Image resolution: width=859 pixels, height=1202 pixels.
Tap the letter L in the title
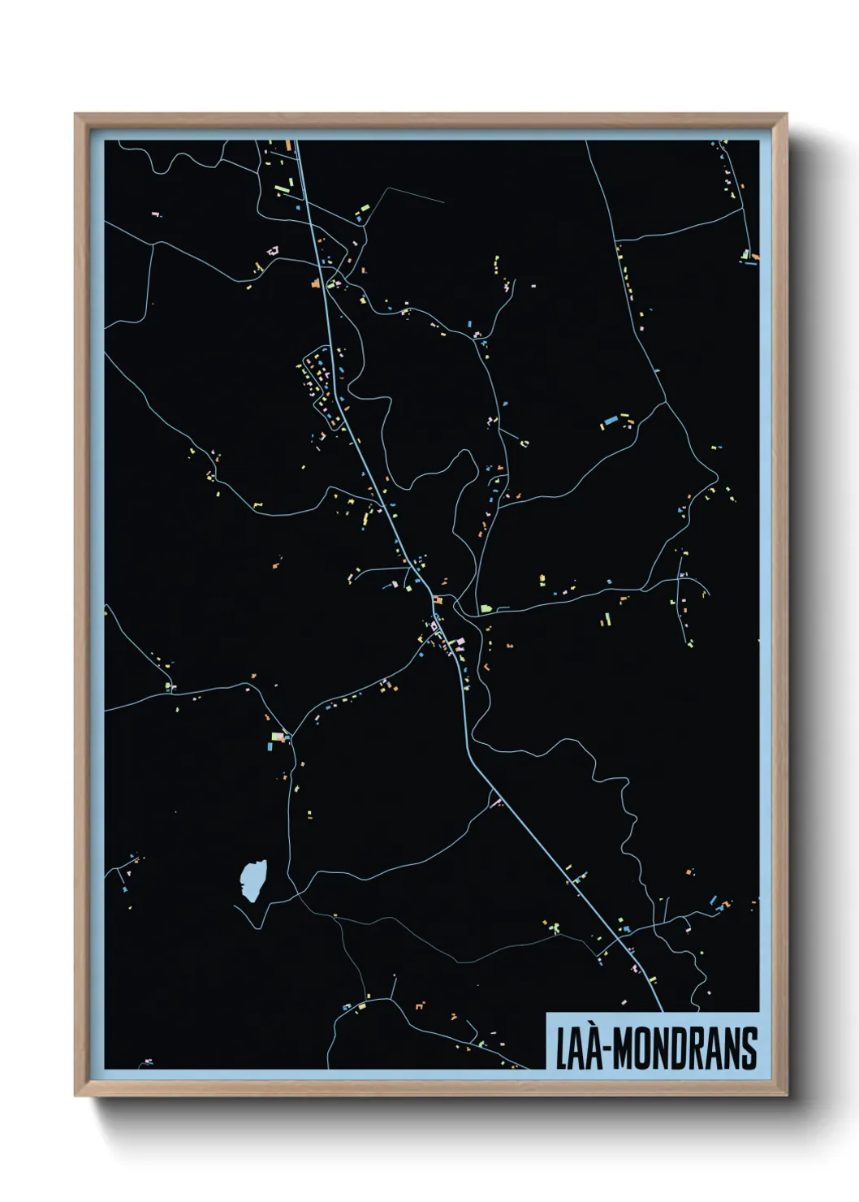point(561,1049)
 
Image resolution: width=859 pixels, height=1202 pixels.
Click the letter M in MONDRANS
point(623,1049)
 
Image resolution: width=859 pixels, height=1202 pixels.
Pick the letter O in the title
point(641,1049)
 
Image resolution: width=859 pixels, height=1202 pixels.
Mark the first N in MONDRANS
point(659,1049)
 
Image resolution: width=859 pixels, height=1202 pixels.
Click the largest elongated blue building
point(608,422)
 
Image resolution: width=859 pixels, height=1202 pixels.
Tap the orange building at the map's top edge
point(287,145)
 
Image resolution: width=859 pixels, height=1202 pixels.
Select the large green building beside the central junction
point(486,607)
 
